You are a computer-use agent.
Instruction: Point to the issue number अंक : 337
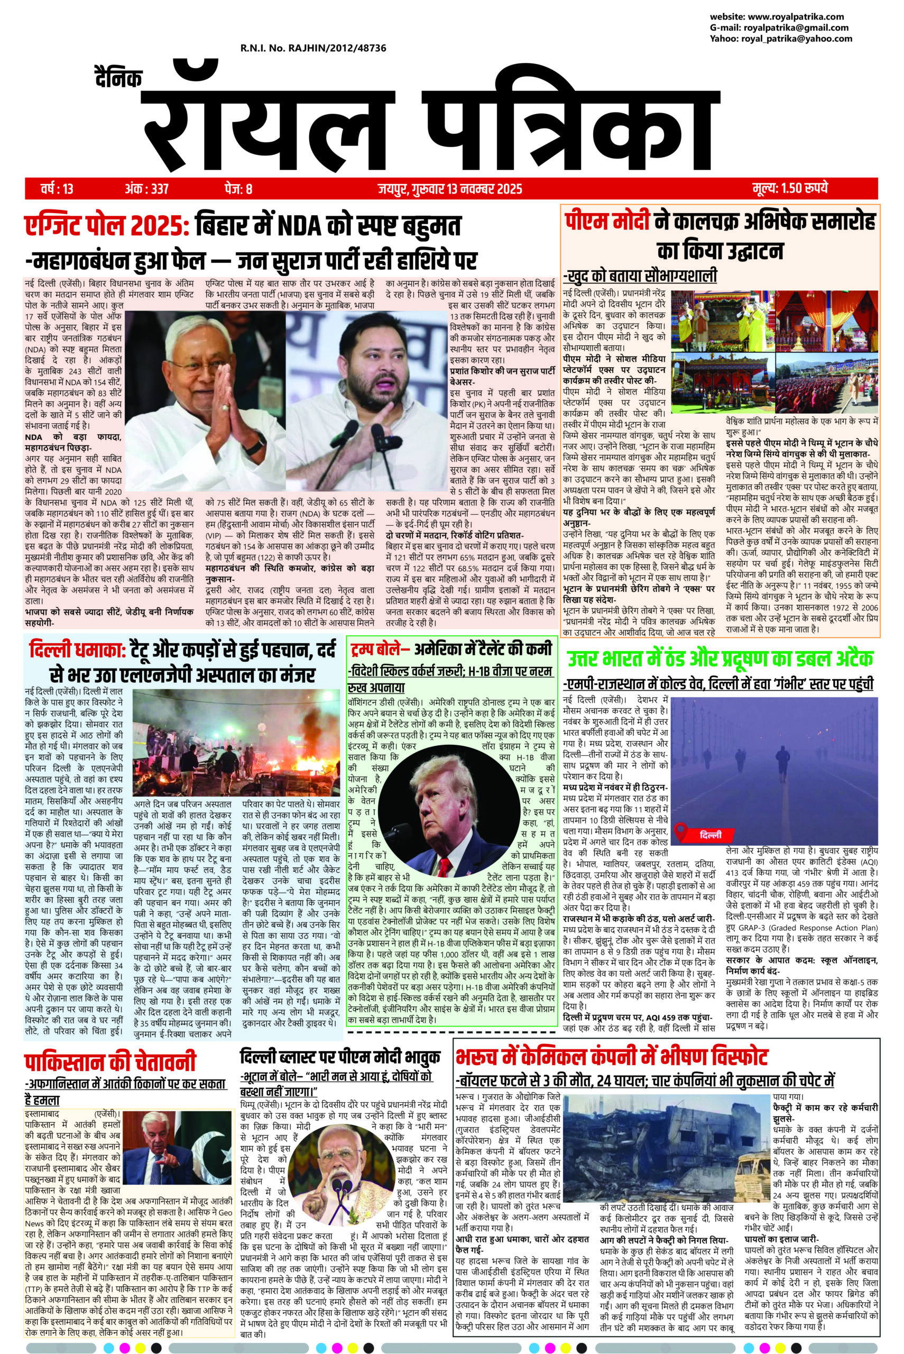(x=146, y=189)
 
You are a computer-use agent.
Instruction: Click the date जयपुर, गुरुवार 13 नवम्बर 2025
(x=450, y=189)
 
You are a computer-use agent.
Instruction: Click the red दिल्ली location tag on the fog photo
(x=702, y=835)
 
